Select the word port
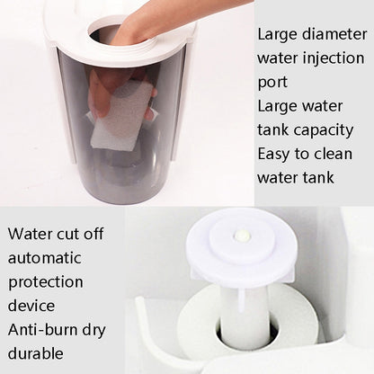click(x=272, y=82)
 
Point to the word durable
click(x=37, y=352)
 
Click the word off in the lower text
click(x=93, y=234)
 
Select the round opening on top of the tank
click(x=117, y=34)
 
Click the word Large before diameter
click(x=278, y=35)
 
